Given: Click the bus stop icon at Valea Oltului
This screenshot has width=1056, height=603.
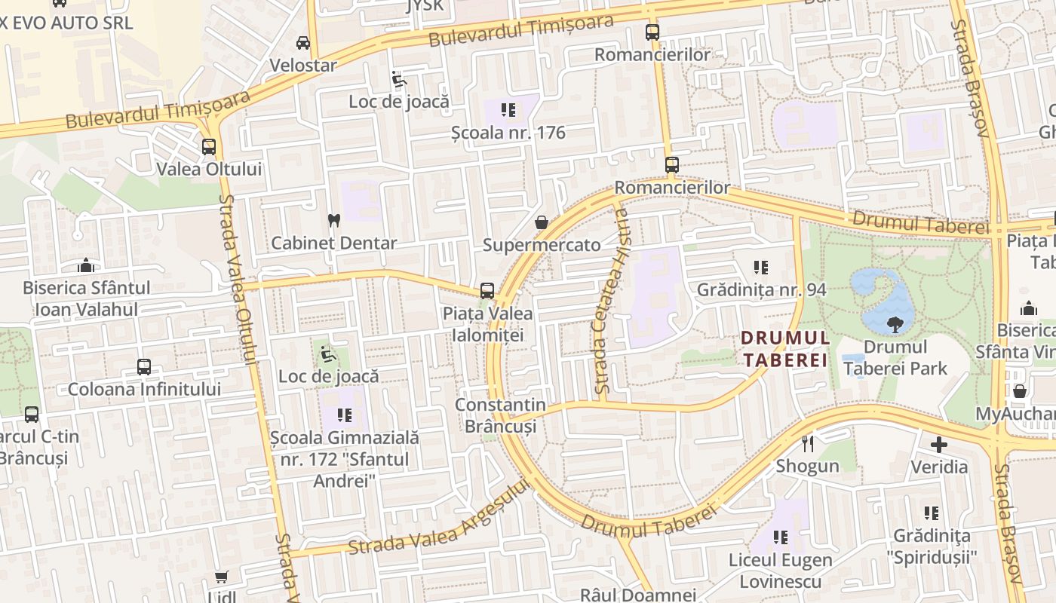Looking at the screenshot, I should (x=209, y=147).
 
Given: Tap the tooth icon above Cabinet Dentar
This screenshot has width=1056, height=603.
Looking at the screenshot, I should (x=333, y=221).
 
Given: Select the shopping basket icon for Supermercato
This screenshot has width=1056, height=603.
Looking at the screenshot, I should (x=541, y=222).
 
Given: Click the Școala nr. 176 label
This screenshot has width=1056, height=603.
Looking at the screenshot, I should (x=508, y=133).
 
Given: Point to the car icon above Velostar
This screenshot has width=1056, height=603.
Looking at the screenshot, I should (x=302, y=43).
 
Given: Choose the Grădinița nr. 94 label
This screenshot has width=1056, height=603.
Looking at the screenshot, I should (x=761, y=289).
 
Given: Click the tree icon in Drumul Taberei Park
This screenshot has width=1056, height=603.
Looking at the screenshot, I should (x=895, y=325).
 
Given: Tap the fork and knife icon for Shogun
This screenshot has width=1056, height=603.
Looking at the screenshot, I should (x=808, y=443).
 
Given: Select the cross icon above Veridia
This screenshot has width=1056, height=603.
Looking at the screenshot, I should (x=938, y=444).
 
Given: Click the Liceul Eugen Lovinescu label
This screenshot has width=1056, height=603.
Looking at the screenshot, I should (x=780, y=571).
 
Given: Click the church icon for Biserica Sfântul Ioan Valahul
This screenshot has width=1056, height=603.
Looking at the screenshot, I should (x=86, y=265).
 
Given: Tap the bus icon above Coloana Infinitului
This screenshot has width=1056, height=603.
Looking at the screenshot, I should (x=144, y=367).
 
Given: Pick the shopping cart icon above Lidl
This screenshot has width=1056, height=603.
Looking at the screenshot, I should (x=221, y=577).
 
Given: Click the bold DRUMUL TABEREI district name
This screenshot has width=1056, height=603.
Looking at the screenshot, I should (x=785, y=349).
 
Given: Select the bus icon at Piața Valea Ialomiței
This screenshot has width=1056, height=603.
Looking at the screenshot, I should (x=487, y=291).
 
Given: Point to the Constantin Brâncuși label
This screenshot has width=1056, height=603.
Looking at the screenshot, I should (x=500, y=415).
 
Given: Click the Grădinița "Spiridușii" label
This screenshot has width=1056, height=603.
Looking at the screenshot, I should (x=932, y=546).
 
